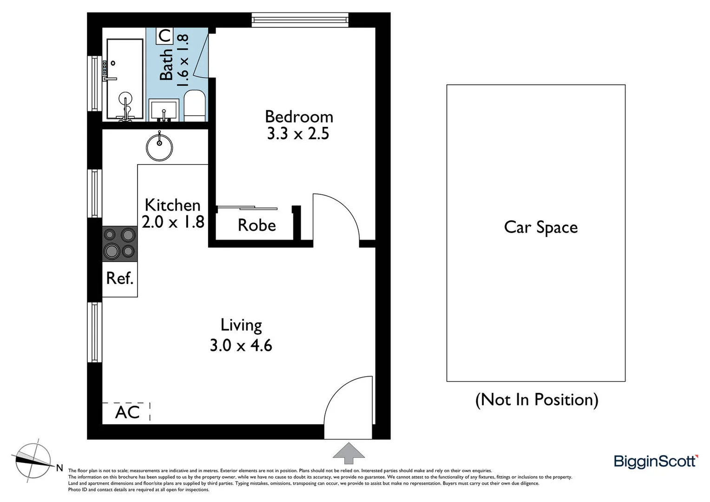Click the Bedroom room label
click(x=299, y=116)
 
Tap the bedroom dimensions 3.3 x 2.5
click(x=298, y=134)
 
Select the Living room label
click(x=241, y=325)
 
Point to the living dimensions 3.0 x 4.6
click(x=241, y=345)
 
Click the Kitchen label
click(x=172, y=205)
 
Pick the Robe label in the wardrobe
click(x=256, y=225)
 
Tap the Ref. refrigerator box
click(x=120, y=278)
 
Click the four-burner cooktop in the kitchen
click(x=119, y=243)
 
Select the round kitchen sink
click(x=159, y=147)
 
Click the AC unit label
click(x=127, y=412)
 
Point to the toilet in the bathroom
click(x=195, y=106)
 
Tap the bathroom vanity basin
click(x=164, y=111)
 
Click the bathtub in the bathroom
click(x=125, y=79)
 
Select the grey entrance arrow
click(x=348, y=453)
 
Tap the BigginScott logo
click(x=655, y=461)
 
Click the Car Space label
click(x=540, y=227)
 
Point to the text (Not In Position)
click(x=537, y=399)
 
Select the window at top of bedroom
click(x=300, y=20)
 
